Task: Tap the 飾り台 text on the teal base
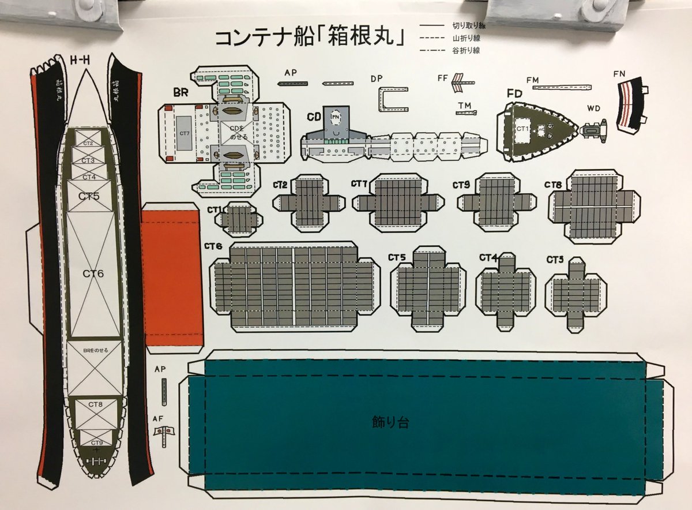coord(390,422)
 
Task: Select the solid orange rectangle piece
coord(171,277)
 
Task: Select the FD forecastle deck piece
coord(536,132)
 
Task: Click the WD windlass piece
coord(593,131)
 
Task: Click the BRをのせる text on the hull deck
coord(95,350)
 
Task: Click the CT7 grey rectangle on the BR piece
coord(185,133)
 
